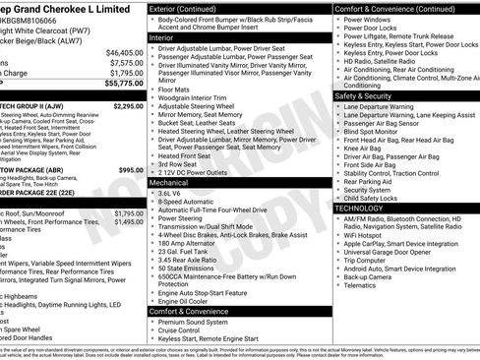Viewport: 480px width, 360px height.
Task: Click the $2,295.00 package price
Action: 128,105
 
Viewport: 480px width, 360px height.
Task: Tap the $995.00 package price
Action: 130,170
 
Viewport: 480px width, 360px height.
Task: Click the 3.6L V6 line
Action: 170,194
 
